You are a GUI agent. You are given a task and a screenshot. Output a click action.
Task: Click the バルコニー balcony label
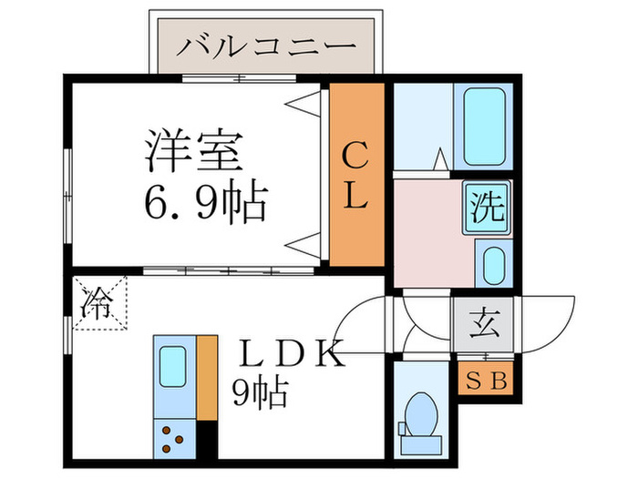pos(265,45)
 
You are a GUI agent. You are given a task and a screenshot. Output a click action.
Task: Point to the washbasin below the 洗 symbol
pos(491,262)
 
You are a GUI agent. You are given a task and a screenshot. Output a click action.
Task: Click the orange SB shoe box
pos(485,377)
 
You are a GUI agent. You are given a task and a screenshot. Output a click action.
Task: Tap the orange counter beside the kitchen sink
pos(207,378)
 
